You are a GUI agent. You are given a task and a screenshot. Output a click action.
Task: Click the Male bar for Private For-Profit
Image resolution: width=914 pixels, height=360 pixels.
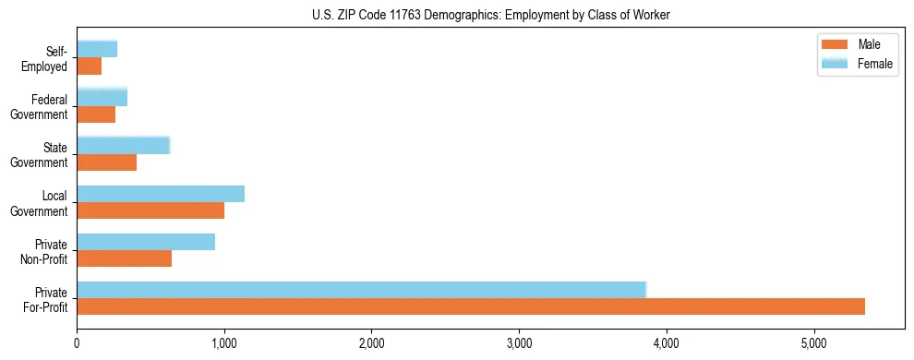pyautogui.click(x=471, y=306)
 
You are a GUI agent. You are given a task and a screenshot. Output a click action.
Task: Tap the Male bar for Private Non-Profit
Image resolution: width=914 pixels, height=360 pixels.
pyautogui.click(x=124, y=258)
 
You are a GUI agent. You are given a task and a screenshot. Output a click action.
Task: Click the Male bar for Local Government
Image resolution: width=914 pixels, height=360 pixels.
pyautogui.click(x=150, y=210)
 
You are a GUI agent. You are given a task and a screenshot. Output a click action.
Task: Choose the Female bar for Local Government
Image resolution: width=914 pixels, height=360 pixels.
pyautogui.click(x=161, y=194)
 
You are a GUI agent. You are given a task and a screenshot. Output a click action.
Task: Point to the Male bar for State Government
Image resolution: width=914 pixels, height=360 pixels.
pyautogui.click(x=106, y=162)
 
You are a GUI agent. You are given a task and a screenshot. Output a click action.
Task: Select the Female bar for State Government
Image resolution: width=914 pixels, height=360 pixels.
pyautogui.click(x=123, y=146)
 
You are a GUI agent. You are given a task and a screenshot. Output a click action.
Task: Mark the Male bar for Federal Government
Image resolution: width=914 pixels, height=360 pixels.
pyautogui.click(x=96, y=114)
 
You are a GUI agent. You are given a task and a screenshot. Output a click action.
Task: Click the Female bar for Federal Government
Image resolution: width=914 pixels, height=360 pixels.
pyautogui.click(x=102, y=98)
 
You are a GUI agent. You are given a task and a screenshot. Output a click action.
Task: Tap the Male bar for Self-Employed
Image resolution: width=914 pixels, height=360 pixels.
pyautogui.click(x=89, y=66)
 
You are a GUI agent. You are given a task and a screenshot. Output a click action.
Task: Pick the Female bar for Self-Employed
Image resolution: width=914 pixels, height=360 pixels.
pyautogui.click(x=97, y=50)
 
